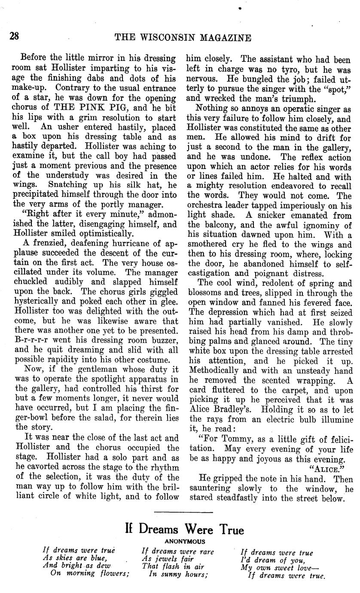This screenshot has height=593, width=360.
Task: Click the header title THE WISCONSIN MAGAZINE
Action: click(x=183, y=38)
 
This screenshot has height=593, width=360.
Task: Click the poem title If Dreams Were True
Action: click(x=184, y=529)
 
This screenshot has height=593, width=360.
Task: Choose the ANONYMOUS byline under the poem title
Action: click(x=185, y=542)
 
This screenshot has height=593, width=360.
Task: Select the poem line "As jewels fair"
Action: click(x=168, y=559)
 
